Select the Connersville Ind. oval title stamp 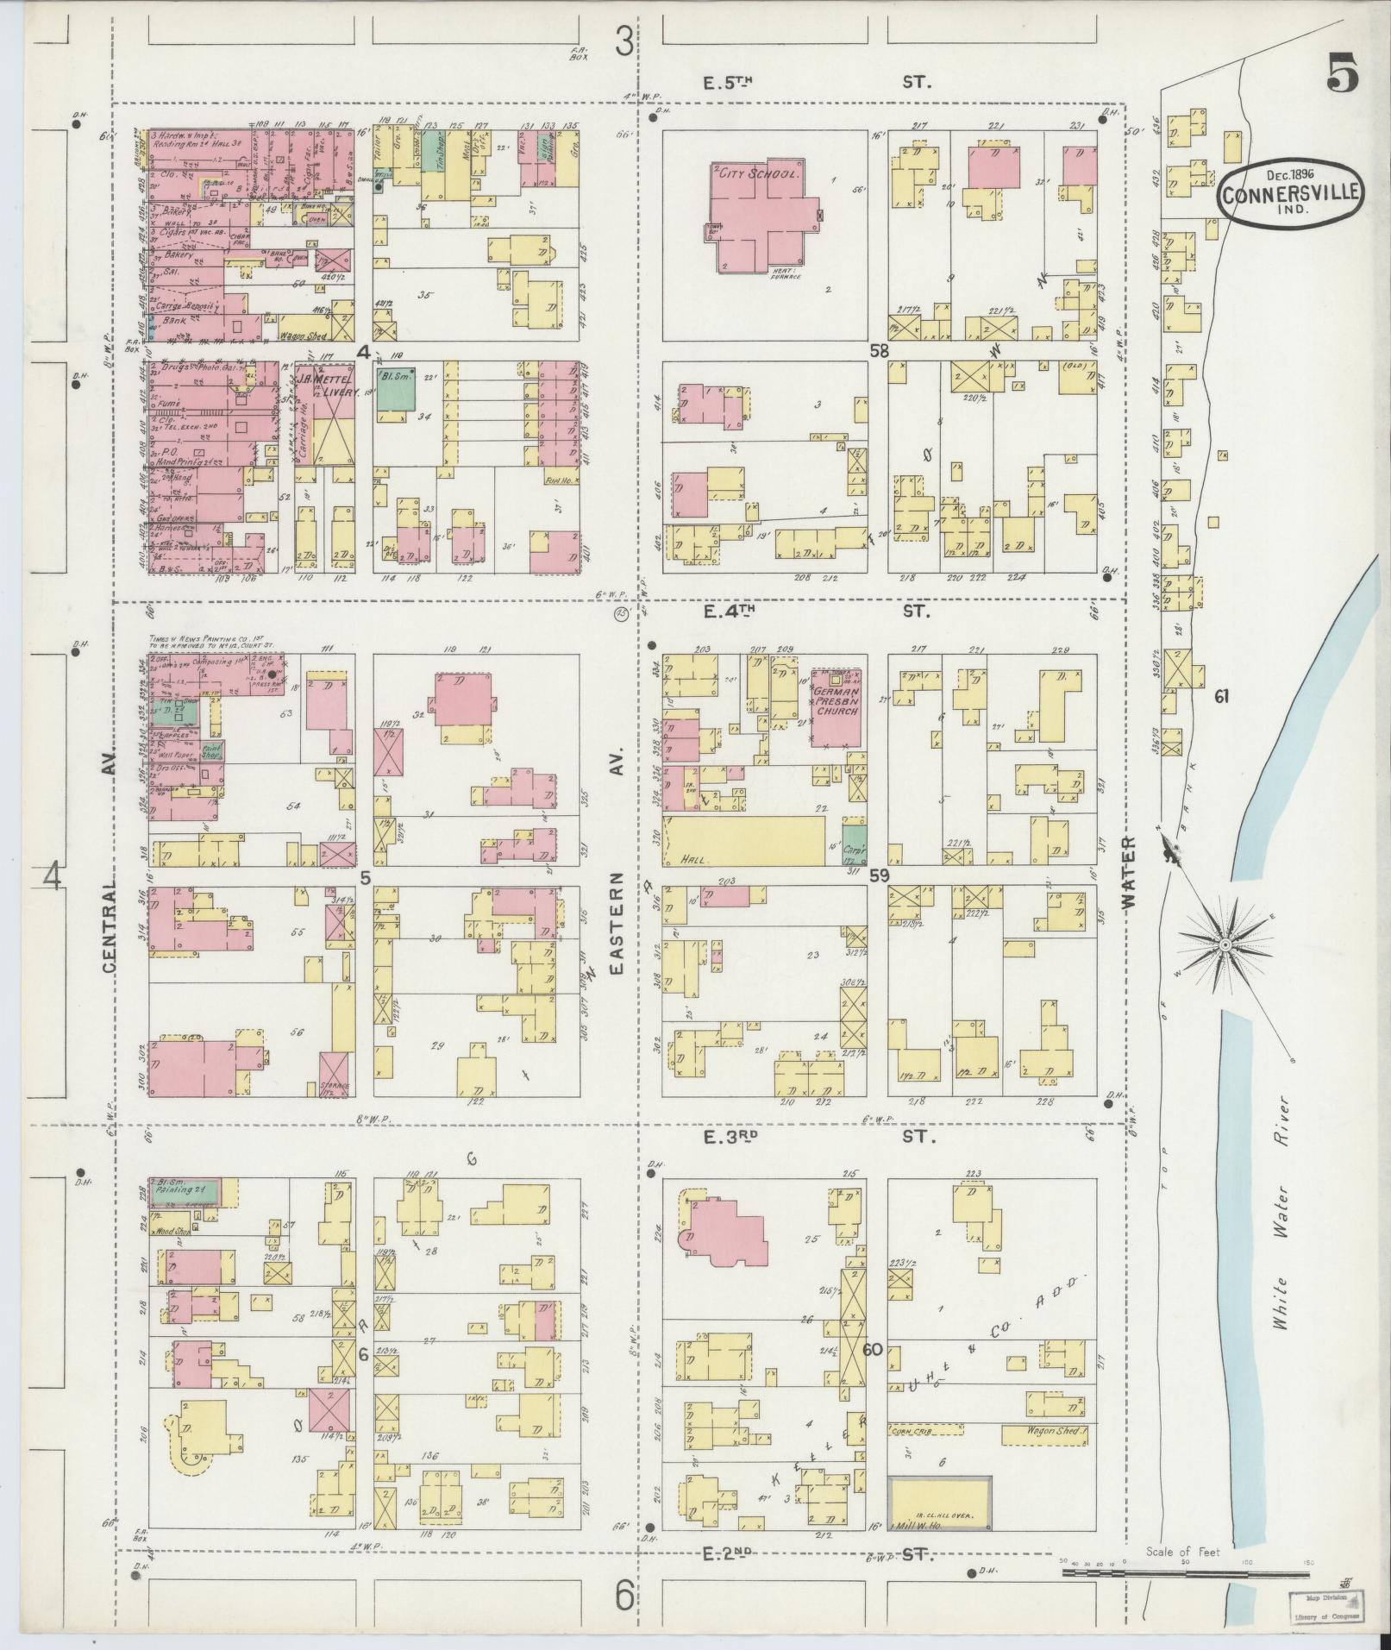coord(1291,193)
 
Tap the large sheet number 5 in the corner coord(1343,72)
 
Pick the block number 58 coord(878,351)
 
